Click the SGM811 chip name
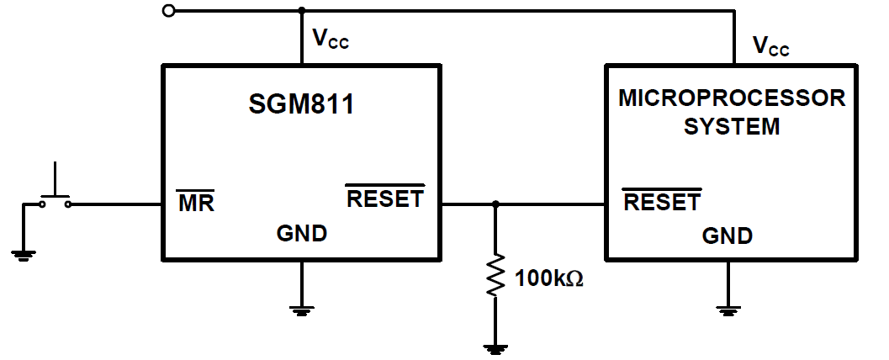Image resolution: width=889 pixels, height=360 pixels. pos(301,105)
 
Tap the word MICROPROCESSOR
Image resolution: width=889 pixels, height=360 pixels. pos(732,98)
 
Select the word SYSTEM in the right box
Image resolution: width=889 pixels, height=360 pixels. pos(731,127)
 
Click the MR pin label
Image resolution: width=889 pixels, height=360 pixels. pos(195,203)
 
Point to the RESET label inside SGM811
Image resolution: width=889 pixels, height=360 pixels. pos(385,199)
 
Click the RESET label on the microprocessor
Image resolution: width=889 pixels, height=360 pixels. pos(661,202)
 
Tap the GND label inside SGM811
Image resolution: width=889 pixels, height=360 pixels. pos(301,234)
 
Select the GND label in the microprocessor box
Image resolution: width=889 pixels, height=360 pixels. pos(728,236)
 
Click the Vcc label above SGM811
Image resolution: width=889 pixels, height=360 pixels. pos(330,39)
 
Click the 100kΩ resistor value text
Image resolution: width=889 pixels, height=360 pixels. pos(548,277)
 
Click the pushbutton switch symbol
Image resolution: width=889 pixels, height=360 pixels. pos(55,193)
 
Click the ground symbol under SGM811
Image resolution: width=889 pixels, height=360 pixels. pos(301,310)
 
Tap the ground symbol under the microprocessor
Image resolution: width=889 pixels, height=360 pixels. pos(728,310)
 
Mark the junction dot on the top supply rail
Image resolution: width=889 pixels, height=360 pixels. pos(301,11)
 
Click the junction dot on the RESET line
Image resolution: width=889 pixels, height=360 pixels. pos(495,204)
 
